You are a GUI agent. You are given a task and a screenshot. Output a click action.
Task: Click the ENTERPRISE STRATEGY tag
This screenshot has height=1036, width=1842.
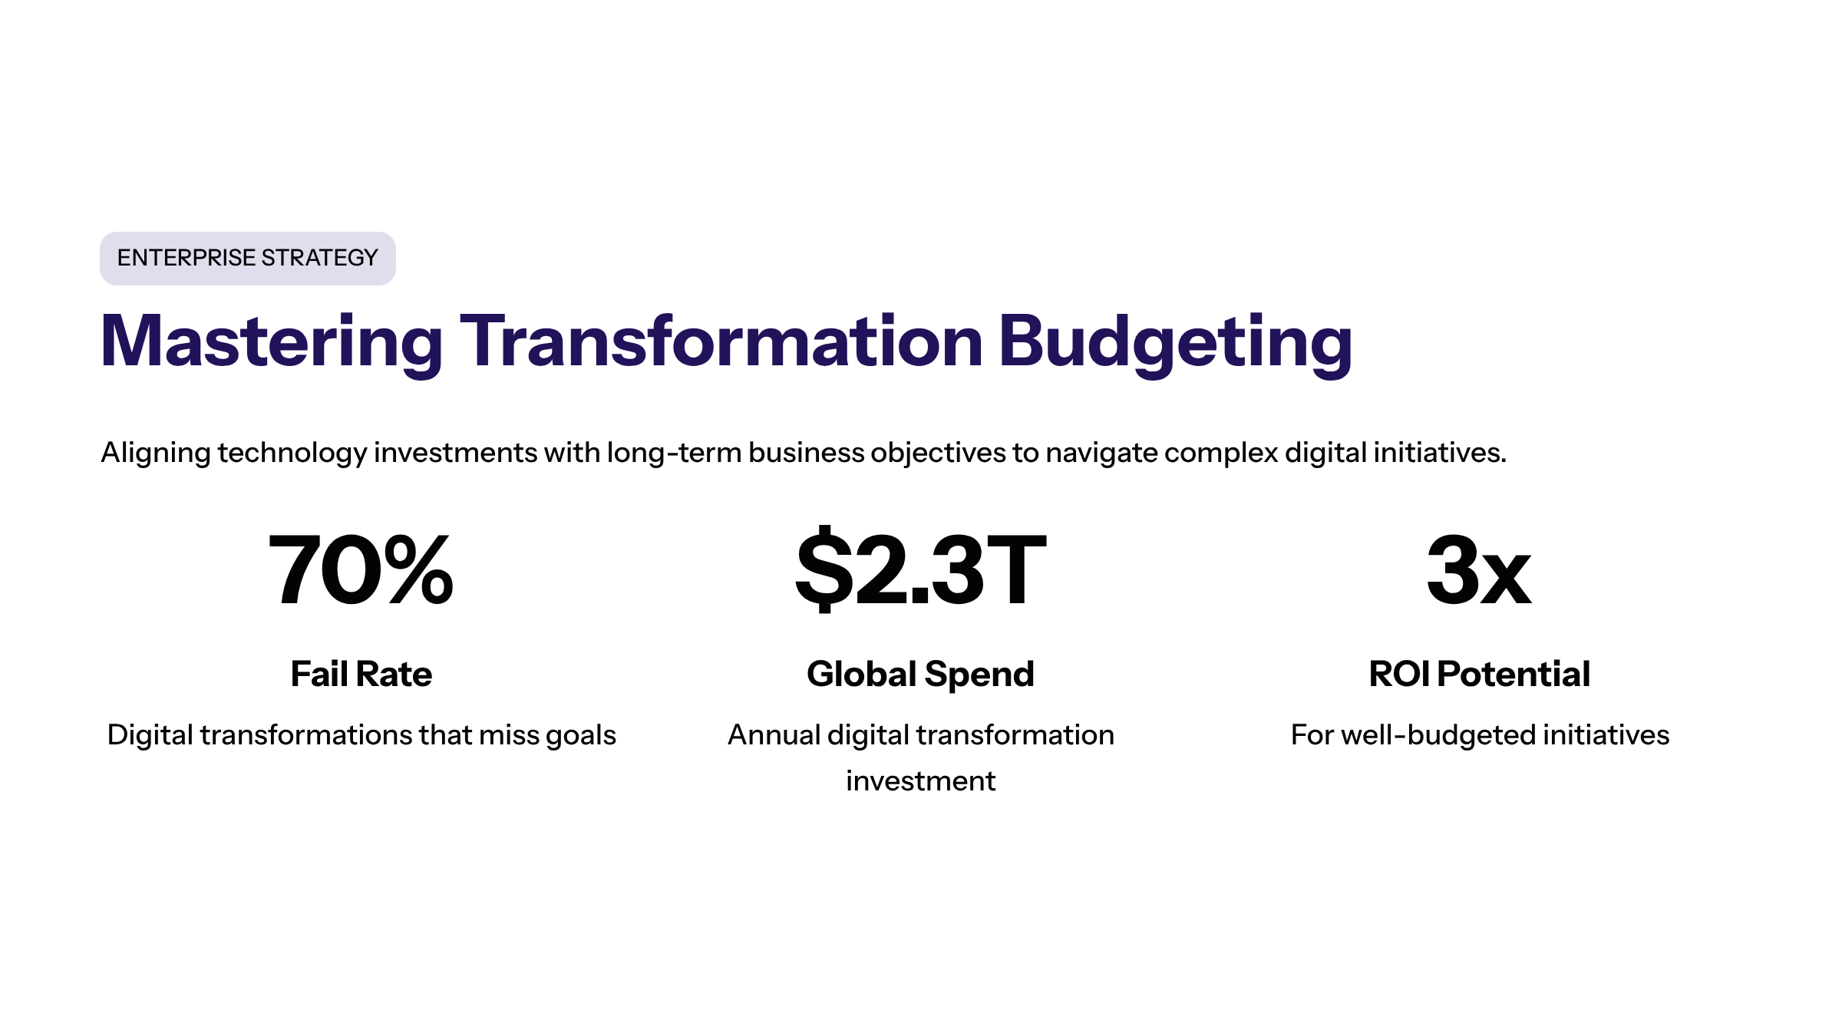247,258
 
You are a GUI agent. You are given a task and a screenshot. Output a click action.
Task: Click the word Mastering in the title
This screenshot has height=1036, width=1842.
272,343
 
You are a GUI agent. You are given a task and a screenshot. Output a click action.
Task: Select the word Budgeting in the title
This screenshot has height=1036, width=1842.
1176,343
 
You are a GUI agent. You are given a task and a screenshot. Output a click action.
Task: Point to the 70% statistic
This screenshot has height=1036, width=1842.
361,570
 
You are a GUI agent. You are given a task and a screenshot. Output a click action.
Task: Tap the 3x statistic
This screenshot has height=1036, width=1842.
1479,570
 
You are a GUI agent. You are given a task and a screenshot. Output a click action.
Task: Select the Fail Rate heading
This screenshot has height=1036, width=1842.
361,674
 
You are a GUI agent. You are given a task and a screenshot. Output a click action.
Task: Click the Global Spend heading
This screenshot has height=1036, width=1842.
921,675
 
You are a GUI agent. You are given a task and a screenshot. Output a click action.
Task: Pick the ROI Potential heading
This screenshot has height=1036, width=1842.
1480,674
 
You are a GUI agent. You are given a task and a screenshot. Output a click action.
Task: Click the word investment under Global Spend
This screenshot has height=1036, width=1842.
921,781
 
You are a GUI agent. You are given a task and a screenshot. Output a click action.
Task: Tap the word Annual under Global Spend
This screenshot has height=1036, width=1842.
774,735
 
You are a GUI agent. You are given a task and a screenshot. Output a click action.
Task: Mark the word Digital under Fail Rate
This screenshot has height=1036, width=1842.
150,736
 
